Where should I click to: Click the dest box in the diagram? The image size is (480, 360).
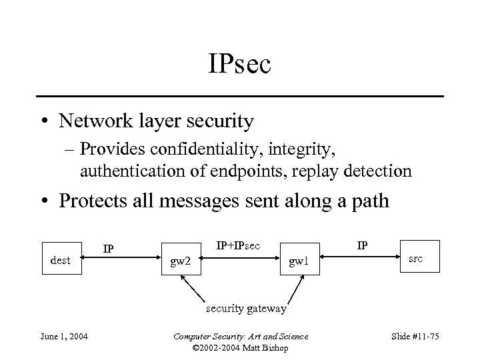tap(61, 260)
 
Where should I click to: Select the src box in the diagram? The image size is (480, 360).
tap(415, 258)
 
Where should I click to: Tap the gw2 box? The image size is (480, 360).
tap(181, 260)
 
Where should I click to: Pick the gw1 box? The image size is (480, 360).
tap(298, 260)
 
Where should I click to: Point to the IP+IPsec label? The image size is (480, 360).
tap(238, 245)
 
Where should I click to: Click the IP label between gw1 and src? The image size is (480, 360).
tap(362, 245)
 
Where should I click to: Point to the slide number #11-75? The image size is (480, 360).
tap(414, 335)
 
